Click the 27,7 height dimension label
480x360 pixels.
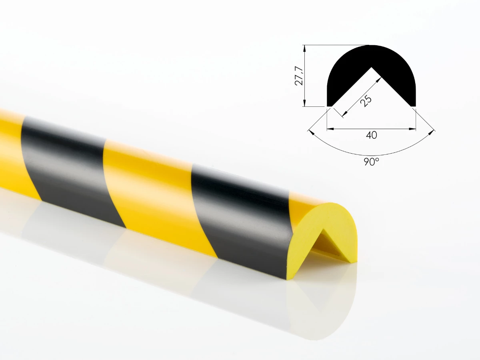click(x=298, y=76)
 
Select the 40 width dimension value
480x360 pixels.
click(x=371, y=136)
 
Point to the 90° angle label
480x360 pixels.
click(x=372, y=162)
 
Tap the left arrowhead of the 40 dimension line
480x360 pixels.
click(x=329, y=129)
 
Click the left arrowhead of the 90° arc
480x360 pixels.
click(x=310, y=130)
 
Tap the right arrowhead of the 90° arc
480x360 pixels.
click(x=433, y=130)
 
